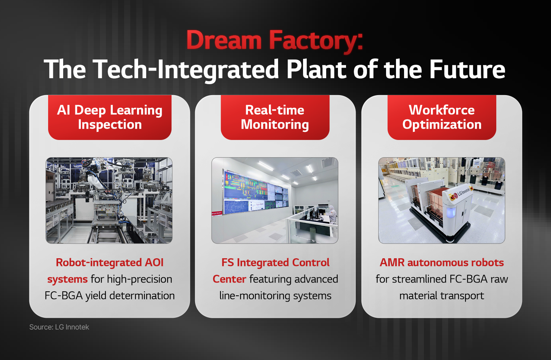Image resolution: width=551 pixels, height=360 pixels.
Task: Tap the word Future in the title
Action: point(467,69)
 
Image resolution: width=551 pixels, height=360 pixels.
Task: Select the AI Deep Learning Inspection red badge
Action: point(110,118)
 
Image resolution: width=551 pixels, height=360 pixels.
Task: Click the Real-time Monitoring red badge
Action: point(275,118)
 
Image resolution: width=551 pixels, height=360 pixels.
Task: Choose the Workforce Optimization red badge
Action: point(442,118)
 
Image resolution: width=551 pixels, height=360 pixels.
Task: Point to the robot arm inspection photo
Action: point(109,201)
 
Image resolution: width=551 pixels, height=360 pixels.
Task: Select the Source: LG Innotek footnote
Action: point(59,327)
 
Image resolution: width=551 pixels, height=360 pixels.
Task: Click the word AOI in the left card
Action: point(154,263)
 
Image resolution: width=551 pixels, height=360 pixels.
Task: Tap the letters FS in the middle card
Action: point(227,263)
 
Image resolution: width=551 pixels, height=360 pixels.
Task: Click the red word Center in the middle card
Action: point(229,279)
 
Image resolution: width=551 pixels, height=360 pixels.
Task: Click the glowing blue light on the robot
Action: point(451,212)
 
